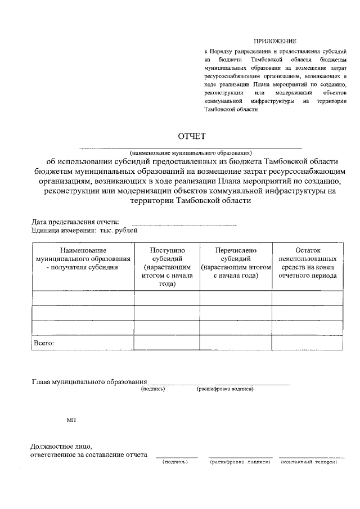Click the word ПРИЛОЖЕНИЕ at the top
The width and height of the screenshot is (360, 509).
click(274, 41)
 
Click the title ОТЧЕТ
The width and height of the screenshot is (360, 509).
click(192, 136)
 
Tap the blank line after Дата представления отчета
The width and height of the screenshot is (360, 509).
click(184, 224)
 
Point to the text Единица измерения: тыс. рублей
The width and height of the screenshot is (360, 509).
click(84, 229)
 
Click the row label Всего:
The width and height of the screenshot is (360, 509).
click(44, 342)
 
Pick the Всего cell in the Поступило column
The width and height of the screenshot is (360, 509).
click(167, 342)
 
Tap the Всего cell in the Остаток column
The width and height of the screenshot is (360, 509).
click(307, 342)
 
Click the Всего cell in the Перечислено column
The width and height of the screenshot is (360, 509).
click(236, 342)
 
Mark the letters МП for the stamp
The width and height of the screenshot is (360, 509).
click(71, 420)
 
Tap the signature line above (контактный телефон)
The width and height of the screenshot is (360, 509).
click(312, 457)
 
